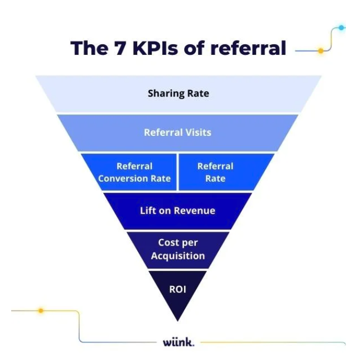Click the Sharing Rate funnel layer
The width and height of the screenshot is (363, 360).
coord(178,94)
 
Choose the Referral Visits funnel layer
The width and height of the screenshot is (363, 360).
coord(178,132)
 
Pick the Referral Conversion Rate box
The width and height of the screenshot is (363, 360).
coord(134,172)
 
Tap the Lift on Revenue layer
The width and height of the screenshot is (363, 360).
coord(178,210)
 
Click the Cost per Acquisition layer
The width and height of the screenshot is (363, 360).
coord(178,249)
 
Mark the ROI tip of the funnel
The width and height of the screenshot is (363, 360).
coord(178,291)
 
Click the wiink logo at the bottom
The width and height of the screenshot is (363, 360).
coord(178,342)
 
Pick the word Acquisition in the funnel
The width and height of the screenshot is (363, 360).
coord(178,256)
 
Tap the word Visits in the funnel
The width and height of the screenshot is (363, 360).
coord(199,132)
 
